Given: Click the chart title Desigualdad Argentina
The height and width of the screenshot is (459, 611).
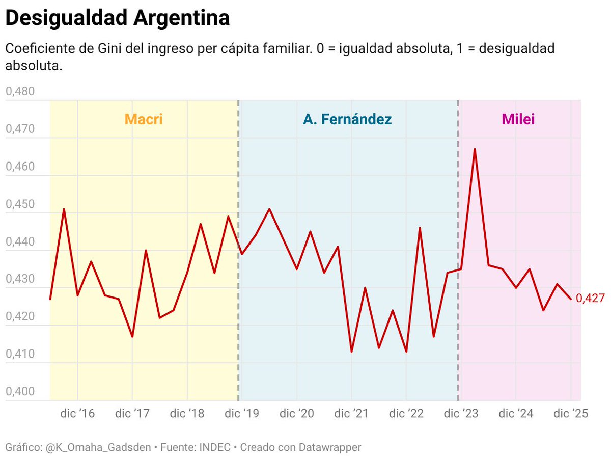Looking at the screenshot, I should coord(117,18).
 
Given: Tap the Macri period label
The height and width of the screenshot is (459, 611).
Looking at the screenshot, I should coord(144,119).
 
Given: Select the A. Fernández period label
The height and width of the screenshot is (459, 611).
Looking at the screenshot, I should coord(347,119).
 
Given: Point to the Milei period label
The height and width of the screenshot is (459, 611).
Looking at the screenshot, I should coord(518,119).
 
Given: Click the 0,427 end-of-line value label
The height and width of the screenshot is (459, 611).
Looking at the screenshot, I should coord(590,299).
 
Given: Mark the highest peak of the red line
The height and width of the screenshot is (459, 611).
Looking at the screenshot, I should coord(475,149).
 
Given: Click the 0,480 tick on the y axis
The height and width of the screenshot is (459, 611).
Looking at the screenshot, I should coord(20,92).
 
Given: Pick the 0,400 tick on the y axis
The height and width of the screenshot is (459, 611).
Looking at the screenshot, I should coord(20,392).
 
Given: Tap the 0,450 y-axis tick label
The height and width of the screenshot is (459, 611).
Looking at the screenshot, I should coord(20,204).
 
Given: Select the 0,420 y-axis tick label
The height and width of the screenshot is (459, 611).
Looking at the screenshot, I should coord(20,317).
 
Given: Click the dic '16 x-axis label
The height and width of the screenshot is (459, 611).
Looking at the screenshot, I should coord(77,413).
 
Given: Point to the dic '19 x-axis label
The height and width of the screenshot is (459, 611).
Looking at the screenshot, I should coord(242,413).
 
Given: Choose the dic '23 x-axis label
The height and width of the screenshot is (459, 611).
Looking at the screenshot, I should coord(461,413).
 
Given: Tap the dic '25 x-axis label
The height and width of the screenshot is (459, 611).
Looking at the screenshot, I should coord(571,413).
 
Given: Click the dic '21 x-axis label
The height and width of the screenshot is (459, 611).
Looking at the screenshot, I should coord(351,413).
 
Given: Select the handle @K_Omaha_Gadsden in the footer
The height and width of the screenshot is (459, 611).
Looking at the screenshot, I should coord(99,448).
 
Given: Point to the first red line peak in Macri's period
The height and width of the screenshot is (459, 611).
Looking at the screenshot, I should coord(64,209).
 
